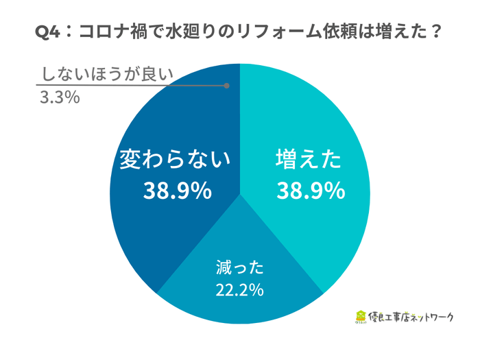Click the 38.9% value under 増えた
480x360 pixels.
(x=310, y=191)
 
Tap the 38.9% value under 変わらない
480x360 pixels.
(x=177, y=191)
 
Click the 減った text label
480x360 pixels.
(x=239, y=267)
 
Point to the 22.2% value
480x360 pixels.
(x=239, y=289)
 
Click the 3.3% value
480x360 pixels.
(x=60, y=97)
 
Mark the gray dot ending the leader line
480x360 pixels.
(x=227, y=86)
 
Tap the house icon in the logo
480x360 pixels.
(x=361, y=317)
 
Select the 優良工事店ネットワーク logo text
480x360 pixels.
(x=412, y=317)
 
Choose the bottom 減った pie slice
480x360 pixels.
(x=239, y=302)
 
